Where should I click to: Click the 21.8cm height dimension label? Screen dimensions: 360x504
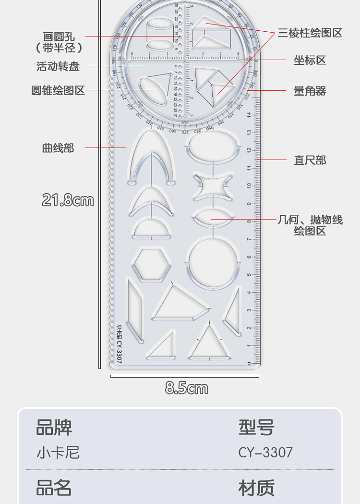pos(68,200)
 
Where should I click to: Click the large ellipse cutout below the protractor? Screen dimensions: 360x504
pos(212,147)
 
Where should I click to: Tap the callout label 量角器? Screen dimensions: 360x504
pos(310,91)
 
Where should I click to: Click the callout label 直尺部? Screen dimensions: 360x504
pos(310,160)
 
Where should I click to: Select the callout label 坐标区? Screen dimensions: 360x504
pos(310,60)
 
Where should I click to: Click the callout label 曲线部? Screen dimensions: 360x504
pos(58,148)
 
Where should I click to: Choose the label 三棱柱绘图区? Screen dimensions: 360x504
pos(310,33)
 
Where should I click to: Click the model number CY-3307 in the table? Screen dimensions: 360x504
pos(265,453)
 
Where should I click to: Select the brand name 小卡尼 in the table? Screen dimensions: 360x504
pos(58,453)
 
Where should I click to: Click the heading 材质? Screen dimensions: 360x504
pos(256,488)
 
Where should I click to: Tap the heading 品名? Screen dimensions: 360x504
pos(54,488)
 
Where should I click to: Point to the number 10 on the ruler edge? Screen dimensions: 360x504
pos(249,185)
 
